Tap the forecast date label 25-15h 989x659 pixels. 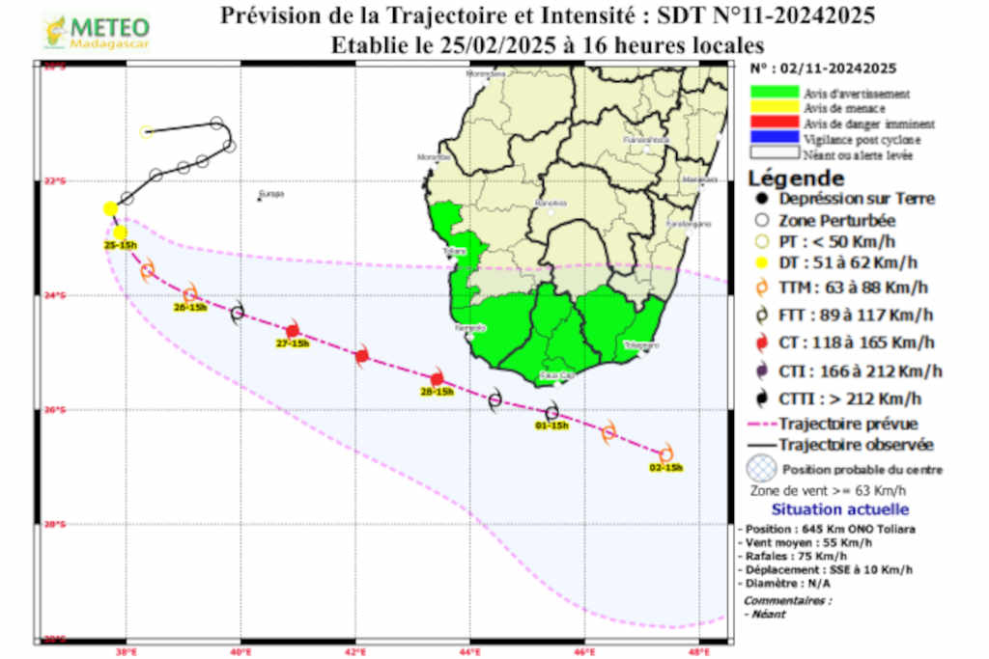[x=121, y=246]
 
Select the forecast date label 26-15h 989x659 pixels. [x=190, y=307]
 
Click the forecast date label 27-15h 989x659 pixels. [x=293, y=343]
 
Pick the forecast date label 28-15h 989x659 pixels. [x=438, y=392]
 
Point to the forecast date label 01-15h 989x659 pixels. [x=551, y=425]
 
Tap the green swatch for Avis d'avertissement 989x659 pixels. [x=774, y=94]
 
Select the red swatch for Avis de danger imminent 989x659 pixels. [x=774, y=124]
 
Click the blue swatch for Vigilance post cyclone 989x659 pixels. [x=774, y=139]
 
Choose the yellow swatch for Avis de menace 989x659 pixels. [x=774, y=108]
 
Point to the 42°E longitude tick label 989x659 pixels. [x=355, y=651]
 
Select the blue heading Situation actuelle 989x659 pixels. [x=839, y=509]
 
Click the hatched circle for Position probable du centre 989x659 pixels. [x=761, y=469]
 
